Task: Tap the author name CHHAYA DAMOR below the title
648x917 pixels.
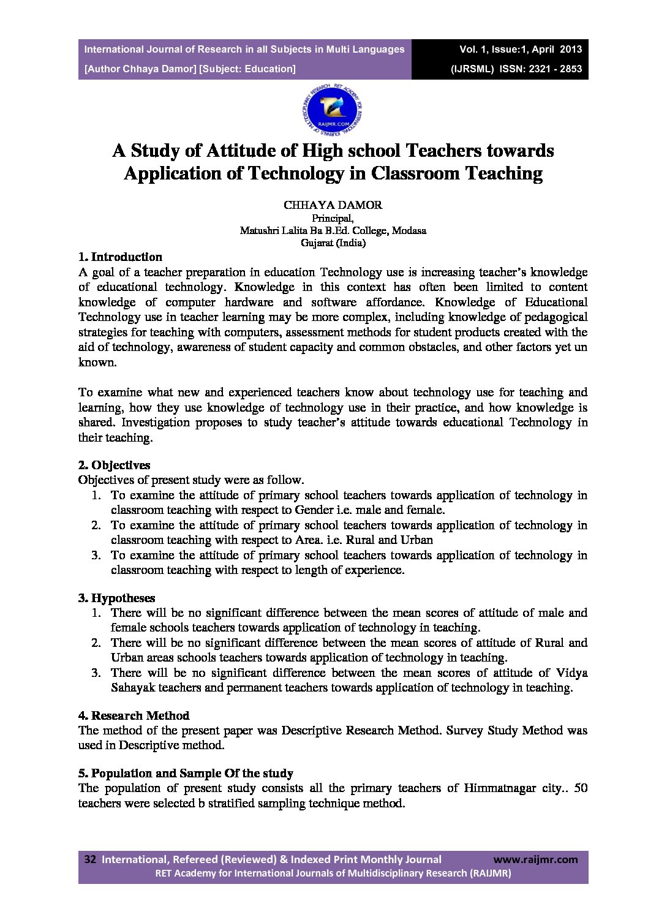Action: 333,205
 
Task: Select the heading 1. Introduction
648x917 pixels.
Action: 120,257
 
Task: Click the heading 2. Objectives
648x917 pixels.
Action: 114,465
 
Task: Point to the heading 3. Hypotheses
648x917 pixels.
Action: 116,598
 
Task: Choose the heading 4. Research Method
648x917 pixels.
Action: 134,715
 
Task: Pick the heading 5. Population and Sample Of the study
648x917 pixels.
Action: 186,773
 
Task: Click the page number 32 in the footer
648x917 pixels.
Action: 90,859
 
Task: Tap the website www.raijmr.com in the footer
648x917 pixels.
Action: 535,859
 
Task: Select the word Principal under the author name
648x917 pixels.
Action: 333,218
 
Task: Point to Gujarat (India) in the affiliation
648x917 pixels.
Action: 333,243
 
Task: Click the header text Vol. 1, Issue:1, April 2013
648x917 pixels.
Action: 521,50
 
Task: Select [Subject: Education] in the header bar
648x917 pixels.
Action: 247,69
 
